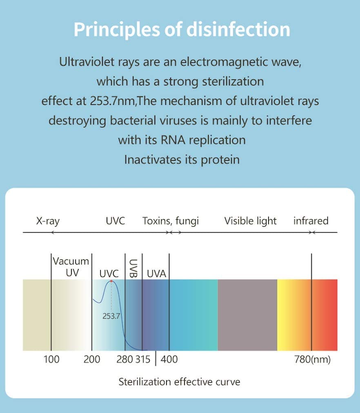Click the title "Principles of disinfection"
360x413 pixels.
coord(182,29)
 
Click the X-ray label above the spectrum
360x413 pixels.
coord(48,221)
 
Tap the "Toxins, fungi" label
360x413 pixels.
coord(171,221)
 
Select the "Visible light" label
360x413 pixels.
coord(250,221)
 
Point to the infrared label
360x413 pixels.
coord(311,221)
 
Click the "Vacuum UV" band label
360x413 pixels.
coord(71,267)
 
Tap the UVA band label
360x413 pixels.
coord(156,274)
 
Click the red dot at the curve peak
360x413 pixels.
coord(111,282)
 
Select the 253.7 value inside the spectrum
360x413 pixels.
coord(111,315)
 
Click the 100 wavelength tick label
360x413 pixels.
coord(51,360)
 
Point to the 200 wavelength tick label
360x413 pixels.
coord(92,360)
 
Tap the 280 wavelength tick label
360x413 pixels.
coord(124,360)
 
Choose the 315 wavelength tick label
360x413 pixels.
coord(143,360)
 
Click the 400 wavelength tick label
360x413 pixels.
coord(169,360)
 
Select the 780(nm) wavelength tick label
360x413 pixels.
coord(312,360)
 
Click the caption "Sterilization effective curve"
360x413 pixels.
coord(179,382)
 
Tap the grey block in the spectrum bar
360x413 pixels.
coord(247,315)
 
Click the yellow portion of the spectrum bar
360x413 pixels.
coord(286,315)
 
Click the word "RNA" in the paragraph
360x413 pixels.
coord(176,140)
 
